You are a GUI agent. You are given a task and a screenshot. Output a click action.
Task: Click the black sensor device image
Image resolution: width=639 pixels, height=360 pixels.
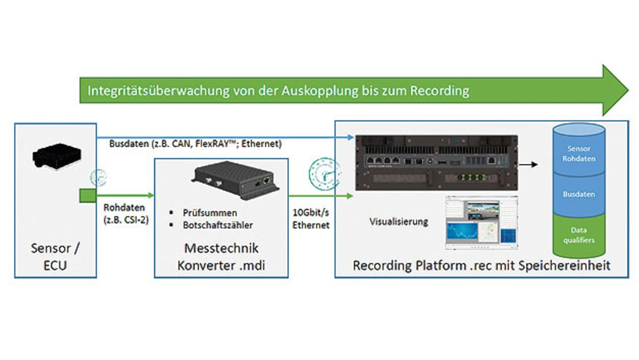click(x=57, y=156)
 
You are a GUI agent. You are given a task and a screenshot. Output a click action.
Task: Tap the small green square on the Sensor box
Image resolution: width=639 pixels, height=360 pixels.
click(x=88, y=196)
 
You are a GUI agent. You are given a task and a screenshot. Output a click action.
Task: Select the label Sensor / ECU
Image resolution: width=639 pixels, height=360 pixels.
click(x=55, y=257)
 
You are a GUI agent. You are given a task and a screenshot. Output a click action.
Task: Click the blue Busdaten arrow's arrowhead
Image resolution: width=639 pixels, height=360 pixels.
click(x=350, y=137)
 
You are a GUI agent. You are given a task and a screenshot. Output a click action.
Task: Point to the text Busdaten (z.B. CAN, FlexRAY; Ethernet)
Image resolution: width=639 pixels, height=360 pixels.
click(x=195, y=143)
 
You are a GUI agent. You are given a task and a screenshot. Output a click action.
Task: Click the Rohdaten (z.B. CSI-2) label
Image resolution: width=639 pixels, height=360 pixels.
click(x=126, y=214)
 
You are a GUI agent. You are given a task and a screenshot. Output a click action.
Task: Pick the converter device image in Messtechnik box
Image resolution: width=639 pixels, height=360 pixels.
click(x=236, y=180)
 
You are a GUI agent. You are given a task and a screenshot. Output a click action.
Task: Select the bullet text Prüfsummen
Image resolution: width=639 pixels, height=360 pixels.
click(x=210, y=213)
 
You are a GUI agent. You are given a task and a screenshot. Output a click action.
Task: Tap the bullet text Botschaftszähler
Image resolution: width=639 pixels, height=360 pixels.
click(x=218, y=225)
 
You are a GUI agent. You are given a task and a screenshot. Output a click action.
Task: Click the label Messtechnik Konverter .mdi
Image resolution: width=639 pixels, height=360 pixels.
click(x=221, y=257)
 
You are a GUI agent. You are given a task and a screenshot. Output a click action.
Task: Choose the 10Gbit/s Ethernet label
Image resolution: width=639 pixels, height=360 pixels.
click(x=311, y=219)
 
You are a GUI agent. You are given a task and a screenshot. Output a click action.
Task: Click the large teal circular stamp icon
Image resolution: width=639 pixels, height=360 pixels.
click(x=324, y=174)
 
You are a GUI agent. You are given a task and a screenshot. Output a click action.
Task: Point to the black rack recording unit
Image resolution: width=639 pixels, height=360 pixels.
click(x=436, y=163)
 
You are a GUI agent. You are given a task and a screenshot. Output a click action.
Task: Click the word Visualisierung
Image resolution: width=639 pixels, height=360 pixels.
click(x=399, y=222)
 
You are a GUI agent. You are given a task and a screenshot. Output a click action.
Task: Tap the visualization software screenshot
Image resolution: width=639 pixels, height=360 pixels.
click(x=482, y=223)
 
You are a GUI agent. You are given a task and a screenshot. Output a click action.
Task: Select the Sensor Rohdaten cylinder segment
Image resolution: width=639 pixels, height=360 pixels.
click(x=579, y=153)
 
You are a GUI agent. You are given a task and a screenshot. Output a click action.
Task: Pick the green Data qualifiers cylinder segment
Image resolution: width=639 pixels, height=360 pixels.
click(x=579, y=235)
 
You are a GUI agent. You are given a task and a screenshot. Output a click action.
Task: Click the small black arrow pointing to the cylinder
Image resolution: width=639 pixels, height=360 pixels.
click(x=528, y=164)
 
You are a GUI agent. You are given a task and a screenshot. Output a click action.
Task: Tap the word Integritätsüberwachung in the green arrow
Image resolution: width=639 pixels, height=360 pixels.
click(x=159, y=91)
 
